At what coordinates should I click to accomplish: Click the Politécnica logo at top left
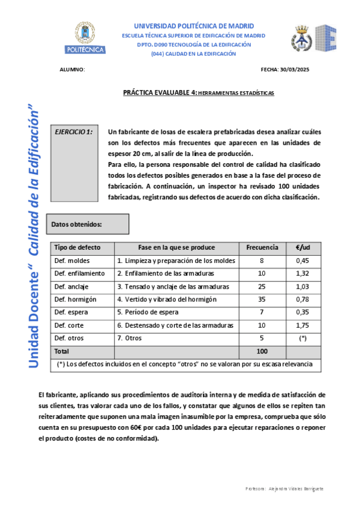click(x=85, y=39)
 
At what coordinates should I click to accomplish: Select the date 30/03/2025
click(x=296, y=70)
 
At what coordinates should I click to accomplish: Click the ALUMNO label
click(x=73, y=70)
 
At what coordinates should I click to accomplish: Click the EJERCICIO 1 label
click(x=73, y=131)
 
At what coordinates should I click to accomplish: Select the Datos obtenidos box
click(x=88, y=224)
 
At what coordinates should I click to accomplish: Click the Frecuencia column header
click(x=262, y=247)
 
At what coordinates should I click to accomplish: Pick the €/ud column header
click(x=303, y=247)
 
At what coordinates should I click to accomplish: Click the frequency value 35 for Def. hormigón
click(x=262, y=299)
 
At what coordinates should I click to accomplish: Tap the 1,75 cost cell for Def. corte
click(x=303, y=325)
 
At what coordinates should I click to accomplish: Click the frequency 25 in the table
click(x=262, y=286)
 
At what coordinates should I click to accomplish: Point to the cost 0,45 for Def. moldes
click(x=303, y=261)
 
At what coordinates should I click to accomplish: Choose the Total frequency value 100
click(x=262, y=351)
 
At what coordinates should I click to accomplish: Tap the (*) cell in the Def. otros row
click(x=303, y=338)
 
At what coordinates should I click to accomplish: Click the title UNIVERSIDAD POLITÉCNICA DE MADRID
click(x=194, y=26)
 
